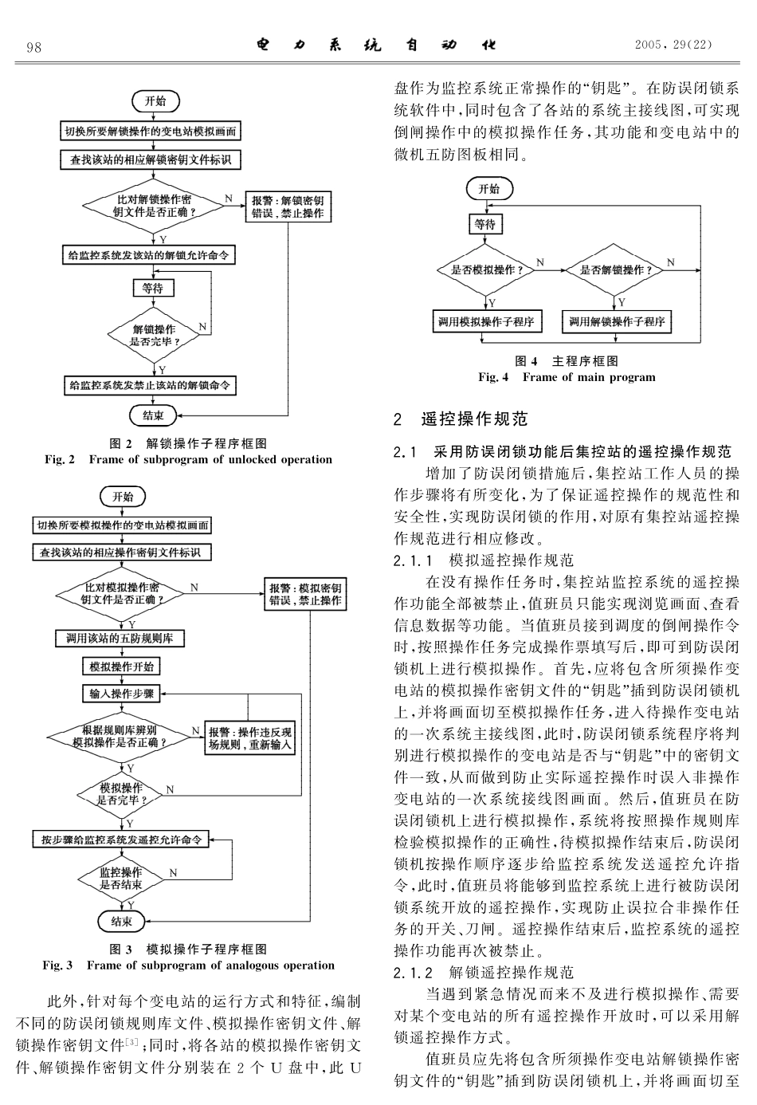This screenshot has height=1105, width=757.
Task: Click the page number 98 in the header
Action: pos(33,47)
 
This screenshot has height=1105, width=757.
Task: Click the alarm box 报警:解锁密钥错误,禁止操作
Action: pos(288,207)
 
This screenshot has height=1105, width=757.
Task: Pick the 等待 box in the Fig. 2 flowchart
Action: pos(152,288)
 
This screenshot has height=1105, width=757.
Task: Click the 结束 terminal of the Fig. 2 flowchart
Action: pos(153,415)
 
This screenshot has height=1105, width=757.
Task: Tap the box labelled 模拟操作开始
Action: pos(122,667)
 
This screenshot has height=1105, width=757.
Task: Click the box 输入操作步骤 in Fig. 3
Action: pos(122,694)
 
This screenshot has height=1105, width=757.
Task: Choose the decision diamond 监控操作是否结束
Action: pos(121,879)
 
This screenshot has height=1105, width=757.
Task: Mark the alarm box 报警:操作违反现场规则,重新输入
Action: pos(250,738)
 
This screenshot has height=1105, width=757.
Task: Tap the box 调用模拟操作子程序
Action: pos(485,321)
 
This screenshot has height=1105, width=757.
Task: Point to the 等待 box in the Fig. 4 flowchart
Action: pos(484,225)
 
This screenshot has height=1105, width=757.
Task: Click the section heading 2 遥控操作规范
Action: pos(461,419)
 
